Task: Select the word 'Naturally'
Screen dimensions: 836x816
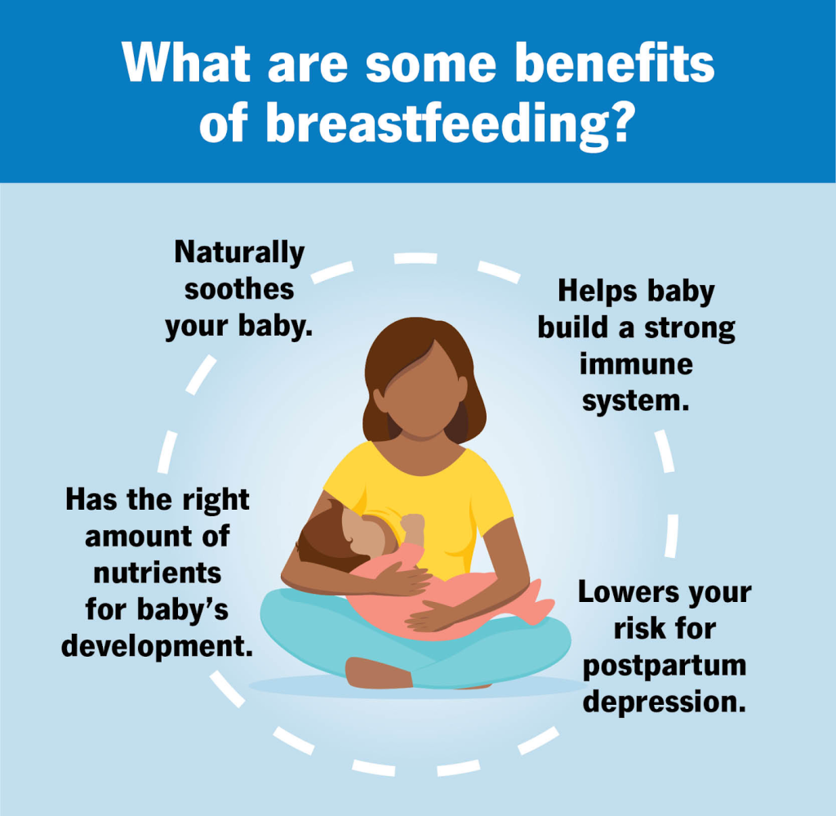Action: coord(239,252)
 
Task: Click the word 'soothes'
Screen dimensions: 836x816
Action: coord(239,290)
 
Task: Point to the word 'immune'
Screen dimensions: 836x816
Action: coord(637,365)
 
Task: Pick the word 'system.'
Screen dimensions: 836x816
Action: coord(635,401)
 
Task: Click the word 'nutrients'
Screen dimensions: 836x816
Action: coord(158,573)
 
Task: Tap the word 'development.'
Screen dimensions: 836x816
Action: coord(158,646)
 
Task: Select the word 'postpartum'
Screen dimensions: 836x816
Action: coord(665,667)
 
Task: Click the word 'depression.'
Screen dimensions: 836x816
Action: coord(665,702)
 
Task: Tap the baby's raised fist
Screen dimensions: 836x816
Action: coord(412,525)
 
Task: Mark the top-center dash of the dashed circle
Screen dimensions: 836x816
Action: coord(416,259)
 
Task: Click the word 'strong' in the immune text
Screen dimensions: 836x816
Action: coord(690,328)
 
